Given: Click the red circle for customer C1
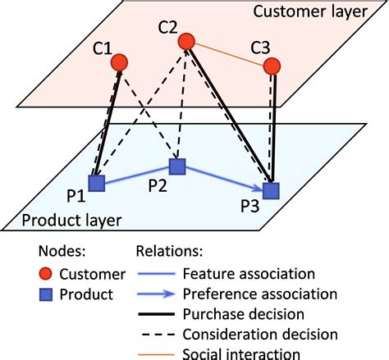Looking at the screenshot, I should click(x=120, y=62).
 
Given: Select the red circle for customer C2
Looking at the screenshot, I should click(x=186, y=41).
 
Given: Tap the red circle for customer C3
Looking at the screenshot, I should click(x=272, y=68).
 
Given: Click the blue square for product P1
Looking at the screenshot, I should click(x=98, y=183).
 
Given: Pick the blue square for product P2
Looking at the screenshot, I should click(x=177, y=166).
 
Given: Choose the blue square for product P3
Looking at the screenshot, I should click(x=271, y=190).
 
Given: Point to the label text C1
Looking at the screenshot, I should click(x=103, y=48).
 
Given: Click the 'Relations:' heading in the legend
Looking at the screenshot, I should click(x=170, y=252).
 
